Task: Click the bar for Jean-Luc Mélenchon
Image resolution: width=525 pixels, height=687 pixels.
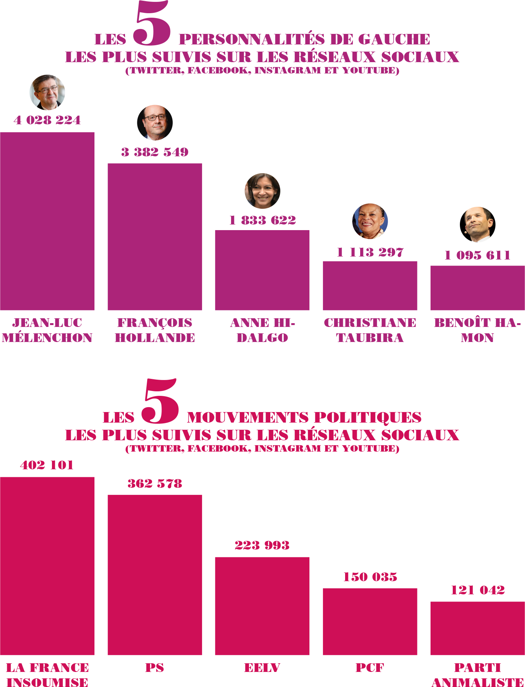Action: [47, 221]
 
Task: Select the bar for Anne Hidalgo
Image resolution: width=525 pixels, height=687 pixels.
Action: [262, 270]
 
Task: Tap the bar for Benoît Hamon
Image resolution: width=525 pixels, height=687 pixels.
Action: [477, 288]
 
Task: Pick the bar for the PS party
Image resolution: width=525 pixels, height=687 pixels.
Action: [155, 575]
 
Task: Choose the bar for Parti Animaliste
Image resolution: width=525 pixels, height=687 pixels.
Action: [477, 628]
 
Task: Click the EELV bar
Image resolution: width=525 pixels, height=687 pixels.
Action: [262, 606]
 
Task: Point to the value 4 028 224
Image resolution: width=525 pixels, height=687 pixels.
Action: [47, 120]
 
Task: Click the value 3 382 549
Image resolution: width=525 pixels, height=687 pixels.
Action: [155, 152]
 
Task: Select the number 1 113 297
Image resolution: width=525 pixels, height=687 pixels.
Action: [370, 252]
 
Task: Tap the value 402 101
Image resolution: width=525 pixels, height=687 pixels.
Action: [47, 465]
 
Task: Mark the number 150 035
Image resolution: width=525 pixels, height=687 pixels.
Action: [370, 577]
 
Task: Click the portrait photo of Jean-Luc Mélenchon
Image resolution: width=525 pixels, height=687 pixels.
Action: [47, 92]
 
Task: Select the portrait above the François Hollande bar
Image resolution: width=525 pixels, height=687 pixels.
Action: [155, 123]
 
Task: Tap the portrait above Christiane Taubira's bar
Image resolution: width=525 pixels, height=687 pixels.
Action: [370, 221]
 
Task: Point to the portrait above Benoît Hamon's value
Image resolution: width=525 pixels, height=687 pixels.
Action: [478, 224]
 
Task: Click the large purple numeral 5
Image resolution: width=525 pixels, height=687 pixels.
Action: [152, 23]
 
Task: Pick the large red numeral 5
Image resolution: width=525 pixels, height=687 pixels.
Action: [160, 402]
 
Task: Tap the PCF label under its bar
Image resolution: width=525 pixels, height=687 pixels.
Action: [370, 668]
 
